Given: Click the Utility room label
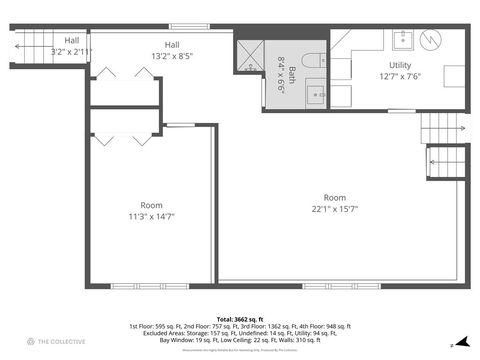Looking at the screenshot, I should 386,65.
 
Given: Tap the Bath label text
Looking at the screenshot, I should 290,76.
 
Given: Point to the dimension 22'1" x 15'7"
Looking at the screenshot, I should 335,208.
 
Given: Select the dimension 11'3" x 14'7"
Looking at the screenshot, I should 151,216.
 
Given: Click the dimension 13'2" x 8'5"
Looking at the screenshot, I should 172,56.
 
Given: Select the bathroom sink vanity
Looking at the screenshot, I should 316,94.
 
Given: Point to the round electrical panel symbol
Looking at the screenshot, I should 431,41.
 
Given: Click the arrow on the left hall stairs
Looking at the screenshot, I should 20,44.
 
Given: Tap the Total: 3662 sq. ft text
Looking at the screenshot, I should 239,318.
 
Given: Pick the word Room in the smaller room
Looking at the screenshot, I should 151,204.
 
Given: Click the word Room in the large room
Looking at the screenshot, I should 335,197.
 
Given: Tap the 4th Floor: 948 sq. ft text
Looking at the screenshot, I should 321,326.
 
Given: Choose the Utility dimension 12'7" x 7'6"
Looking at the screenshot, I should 386,76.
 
